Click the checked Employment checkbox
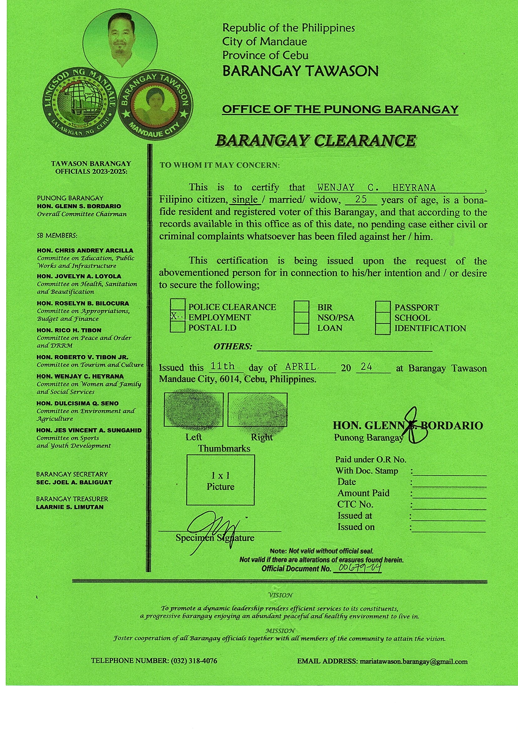click(178, 317)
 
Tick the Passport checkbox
click(382, 307)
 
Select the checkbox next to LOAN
click(301, 328)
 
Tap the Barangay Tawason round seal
click(156, 107)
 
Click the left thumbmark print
click(193, 410)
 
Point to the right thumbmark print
click(257, 410)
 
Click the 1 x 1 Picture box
click(220, 480)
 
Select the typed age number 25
click(361, 199)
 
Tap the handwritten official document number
click(357, 568)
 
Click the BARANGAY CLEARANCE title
click(315, 141)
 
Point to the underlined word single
click(245, 200)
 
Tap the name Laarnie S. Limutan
click(70, 507)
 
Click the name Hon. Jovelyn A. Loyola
click(79, 276)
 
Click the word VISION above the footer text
click(280, 595)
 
